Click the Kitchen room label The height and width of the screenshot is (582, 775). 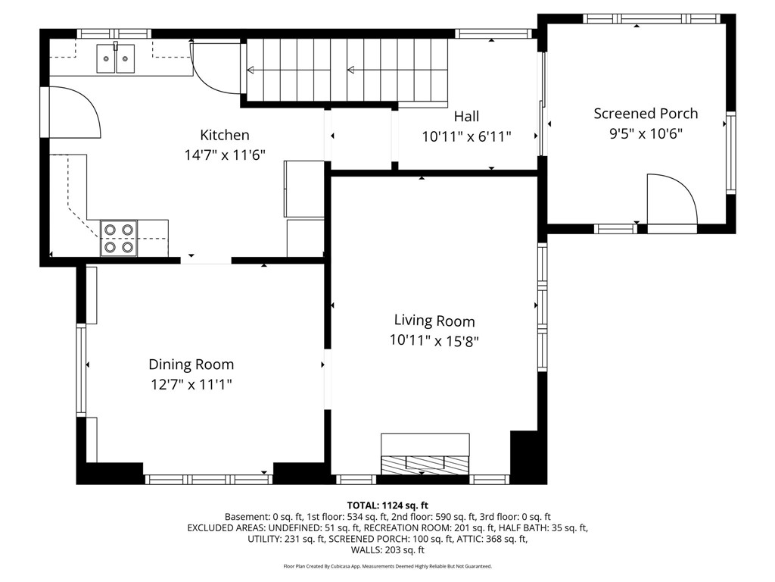click(x=224, y=135)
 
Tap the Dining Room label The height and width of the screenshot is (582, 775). click(x=191, y=365)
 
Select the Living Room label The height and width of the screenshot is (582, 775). click(x=434, y=321)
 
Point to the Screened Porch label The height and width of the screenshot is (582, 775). click(x=646, y=114)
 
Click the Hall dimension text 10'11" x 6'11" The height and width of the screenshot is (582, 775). click(x=466, y=136)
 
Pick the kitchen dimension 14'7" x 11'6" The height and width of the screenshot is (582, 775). click(x=225, y=155)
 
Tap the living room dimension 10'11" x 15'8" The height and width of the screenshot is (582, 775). click(x=434, y=340)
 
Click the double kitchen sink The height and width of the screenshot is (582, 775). click(x=115, y=58)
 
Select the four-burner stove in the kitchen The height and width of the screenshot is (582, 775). click(x=119, y=238)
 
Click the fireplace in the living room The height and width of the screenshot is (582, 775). click(x=425, y=454)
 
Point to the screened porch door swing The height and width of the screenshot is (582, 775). click(x=672, y=199)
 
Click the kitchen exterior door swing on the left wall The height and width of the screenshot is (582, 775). click(x=75, y=112)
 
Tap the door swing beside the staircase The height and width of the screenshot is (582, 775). click(x=216, y=67)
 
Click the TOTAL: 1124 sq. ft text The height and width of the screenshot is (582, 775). click(x=387, y=505)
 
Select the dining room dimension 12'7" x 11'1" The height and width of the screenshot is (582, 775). click(x=191, y=384)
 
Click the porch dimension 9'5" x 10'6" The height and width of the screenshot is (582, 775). click(x=646, y=133)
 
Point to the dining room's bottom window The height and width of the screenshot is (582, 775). click(x=208, y=479)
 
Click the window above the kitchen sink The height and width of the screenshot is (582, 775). click(x=114, y=33)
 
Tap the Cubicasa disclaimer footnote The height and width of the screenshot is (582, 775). click(x=387, y=566)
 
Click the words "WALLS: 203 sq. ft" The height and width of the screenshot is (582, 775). click(x=387, y=550)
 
